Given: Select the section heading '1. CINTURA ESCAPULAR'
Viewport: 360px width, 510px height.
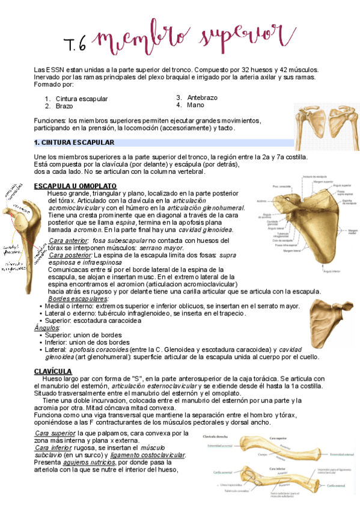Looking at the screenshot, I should tap(74, 143).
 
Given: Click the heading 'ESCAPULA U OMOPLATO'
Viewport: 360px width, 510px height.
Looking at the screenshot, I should tap(76, 186).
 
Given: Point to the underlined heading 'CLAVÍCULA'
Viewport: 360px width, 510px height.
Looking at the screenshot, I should tap(53, 372).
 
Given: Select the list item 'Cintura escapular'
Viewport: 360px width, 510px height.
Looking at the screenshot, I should tap(82, 99).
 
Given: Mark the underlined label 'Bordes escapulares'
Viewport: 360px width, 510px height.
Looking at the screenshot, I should tap(79, 298).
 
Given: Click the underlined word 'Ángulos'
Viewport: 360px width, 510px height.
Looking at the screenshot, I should tap(47, 328).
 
